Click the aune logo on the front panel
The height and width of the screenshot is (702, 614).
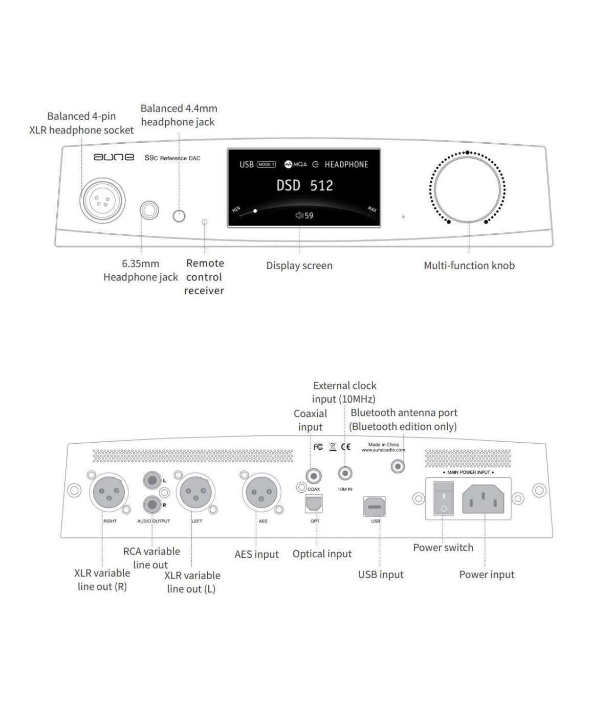coord(114,157)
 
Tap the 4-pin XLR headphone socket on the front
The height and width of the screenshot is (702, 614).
coord(102,201)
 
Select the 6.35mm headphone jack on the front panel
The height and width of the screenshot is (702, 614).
coord(149,210)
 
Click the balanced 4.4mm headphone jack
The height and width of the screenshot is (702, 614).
coord(179,216)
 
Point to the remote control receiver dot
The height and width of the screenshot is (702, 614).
coord(205,222)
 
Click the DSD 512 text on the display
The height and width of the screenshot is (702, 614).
coord(304,186)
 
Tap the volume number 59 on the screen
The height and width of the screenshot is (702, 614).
coord(309,215)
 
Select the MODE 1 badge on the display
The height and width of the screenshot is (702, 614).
coord(266,164)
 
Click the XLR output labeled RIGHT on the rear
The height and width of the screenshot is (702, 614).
coord(109,493)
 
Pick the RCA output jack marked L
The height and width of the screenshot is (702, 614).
coord(152,480)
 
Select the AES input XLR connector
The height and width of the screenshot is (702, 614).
coord(261,493)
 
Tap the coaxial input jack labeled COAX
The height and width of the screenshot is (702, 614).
coord(314,476)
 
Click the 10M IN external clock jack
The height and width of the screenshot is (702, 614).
coord(345,473)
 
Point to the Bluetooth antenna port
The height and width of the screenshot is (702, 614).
coord(398,466)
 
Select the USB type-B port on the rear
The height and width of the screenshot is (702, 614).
coord(374,507)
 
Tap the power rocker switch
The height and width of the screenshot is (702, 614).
coord(444,498)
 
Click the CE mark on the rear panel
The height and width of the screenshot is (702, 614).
coord(346,447)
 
